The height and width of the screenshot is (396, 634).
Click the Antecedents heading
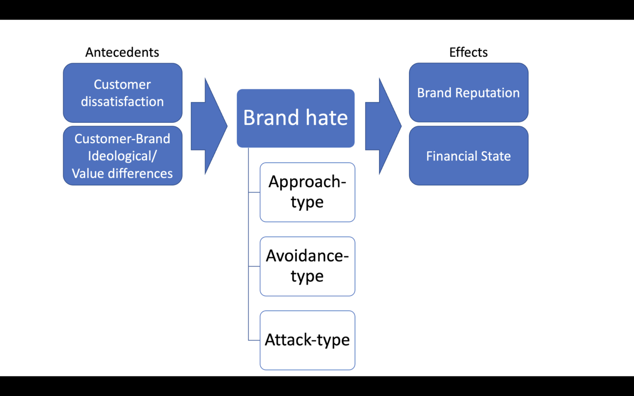coord(122,52)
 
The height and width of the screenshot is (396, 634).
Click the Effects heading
coord(468,52)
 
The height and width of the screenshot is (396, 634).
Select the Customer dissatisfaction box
coord(122,93)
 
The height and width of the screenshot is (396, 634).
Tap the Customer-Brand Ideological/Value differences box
coord(122,156)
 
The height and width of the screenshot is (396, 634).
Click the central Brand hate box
coord(295,118)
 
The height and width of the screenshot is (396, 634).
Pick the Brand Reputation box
coord(468,93)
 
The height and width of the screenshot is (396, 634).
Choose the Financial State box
coord(468,156)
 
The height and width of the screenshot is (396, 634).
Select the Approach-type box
coord(307,192)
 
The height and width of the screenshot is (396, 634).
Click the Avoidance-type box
coord(307,266)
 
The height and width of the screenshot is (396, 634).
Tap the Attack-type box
coord(307,340)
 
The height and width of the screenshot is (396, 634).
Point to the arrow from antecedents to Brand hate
coord(209,126)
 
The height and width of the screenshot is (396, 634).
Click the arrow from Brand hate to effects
coord(383,126)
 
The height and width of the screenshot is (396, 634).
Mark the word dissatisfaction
coord(122,102)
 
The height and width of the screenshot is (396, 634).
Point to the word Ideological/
coord(122,156)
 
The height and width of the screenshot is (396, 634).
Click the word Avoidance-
coord(307,256)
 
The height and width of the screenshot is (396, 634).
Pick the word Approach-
coord(307,182)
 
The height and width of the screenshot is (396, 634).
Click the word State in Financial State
coord(496,156)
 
